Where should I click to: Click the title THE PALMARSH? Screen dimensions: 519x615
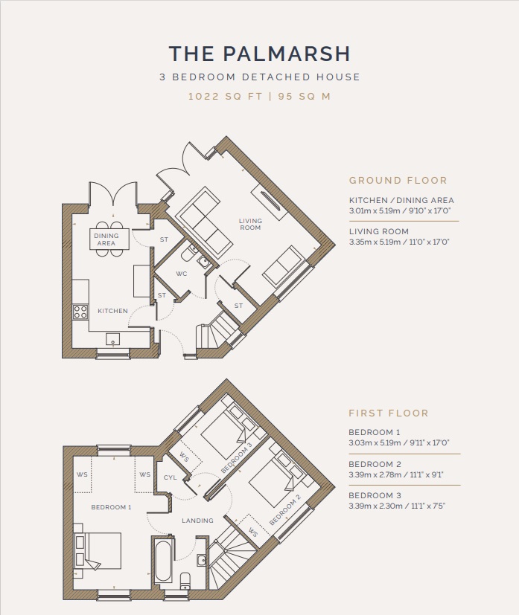[x=259, y=54]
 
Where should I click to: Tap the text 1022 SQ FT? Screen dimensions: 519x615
[x=225, y=96]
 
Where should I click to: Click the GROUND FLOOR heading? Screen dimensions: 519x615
[x=398, y=181]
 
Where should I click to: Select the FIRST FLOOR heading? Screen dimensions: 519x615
[x=389, y=413]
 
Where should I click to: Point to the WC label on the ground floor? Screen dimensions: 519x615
[x=182, y=274]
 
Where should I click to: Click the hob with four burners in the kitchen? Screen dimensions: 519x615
[x=80, y=312]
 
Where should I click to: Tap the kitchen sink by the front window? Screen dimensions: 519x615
[x=113, y=339]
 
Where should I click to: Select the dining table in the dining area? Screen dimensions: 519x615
[x=106, y=239]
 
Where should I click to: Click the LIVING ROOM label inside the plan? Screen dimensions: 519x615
[x=250, y=225]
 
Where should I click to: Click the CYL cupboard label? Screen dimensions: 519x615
[x=170, y=477]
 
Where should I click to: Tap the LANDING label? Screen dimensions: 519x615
[x=197, y=521]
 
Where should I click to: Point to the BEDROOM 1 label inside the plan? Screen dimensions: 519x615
[x=111, y=507]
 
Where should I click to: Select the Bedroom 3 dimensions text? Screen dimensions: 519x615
[x=397, y=506]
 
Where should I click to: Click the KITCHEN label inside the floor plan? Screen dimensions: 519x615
[x=112, y=311]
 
